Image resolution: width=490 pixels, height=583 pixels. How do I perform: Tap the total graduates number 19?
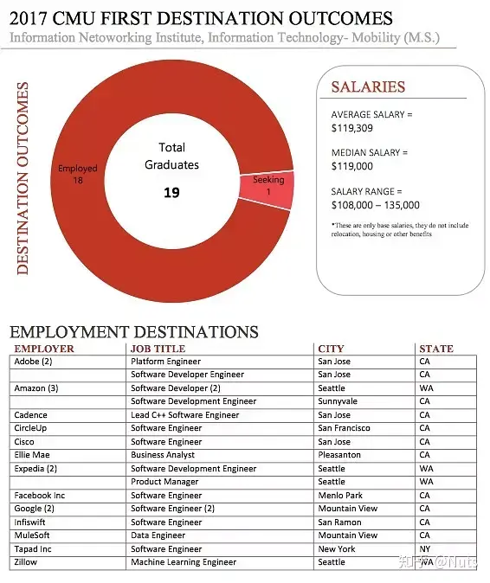(x=171, y=192)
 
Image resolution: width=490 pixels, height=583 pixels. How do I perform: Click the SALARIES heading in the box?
(x=368, y=86)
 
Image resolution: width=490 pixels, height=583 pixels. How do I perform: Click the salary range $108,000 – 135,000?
(x=376, y=205)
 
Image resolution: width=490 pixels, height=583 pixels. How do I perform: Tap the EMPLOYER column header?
(x=44, y=349)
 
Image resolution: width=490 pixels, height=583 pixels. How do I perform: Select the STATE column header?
(x=435, y=349)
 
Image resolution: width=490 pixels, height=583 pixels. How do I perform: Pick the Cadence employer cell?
(x=30, y=415)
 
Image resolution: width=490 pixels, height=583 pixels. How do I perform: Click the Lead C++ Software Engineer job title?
(x=184, y=415)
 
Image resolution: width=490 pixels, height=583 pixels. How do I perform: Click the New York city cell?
(x=337, y=549)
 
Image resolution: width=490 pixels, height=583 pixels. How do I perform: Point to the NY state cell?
(x=425, y=549)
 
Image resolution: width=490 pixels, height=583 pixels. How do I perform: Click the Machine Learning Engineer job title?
(x=183, y=562)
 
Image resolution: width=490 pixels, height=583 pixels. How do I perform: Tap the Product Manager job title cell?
(x=165, y=482)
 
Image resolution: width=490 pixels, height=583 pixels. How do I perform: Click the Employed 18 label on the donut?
(x=78, y=175)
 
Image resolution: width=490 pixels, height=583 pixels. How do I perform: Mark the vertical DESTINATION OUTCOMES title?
(x=23, y=178)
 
